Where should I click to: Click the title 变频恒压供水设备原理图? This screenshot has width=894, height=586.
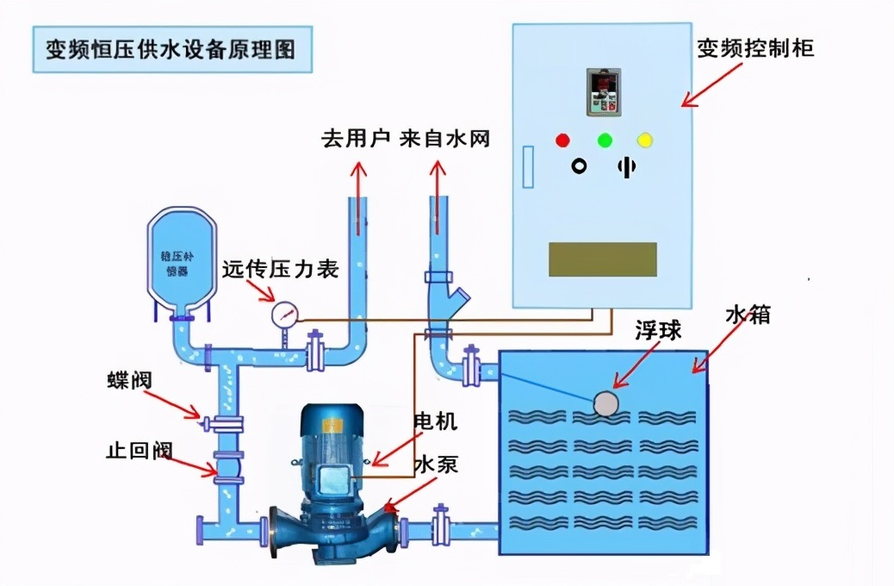pos(170,48)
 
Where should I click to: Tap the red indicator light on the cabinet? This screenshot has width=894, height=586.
pos(562,140)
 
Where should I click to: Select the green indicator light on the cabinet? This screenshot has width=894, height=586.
pos(605,140)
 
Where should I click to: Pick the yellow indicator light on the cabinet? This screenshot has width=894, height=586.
pos(644,140)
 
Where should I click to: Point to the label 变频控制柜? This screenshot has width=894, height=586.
pos(755,48)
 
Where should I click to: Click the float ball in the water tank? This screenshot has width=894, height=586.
pos(607,402)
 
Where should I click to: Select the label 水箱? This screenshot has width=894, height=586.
pos(747,315)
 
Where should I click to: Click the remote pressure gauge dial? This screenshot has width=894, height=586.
pos(283,315)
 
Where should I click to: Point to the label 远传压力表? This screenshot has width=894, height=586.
pos(280,269)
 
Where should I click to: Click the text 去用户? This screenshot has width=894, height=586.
pos(357,138)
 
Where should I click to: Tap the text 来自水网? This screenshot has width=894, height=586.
pos(445,138)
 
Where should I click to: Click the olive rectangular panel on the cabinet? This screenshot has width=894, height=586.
pos(603,259)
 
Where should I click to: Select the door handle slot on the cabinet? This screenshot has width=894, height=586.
pos(528,165)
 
